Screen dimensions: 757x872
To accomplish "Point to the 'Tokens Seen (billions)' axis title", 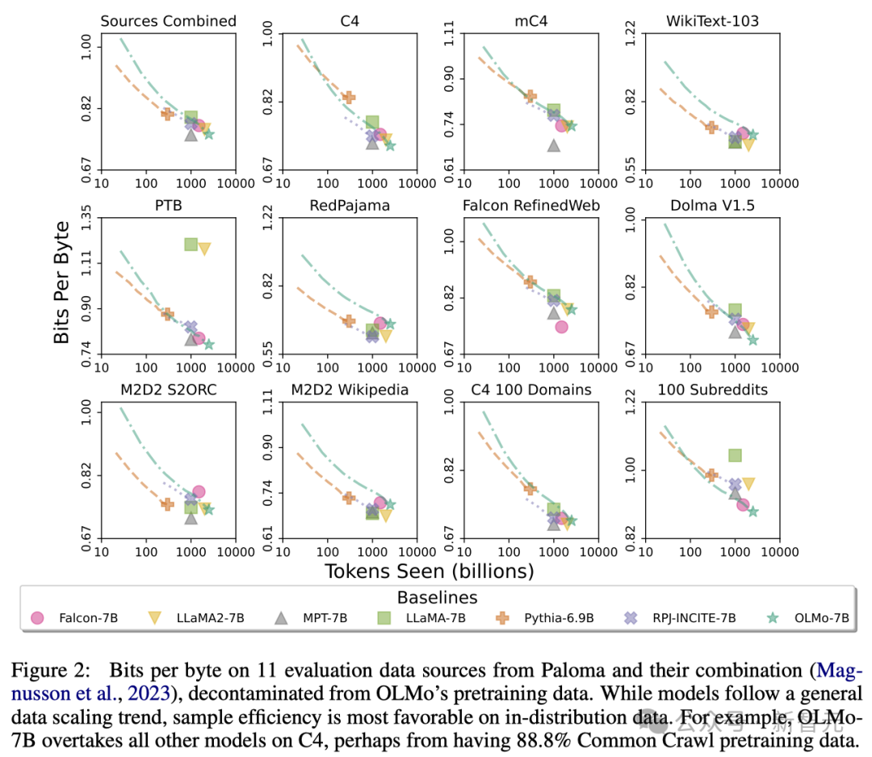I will coord(429,571).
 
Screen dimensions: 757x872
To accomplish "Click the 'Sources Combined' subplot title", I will coord(168,21).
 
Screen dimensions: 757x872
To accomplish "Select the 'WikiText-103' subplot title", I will coord(713,21).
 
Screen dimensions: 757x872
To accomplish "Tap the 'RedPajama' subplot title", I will coord(350,205).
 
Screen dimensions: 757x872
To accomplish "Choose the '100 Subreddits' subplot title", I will coord(713,390).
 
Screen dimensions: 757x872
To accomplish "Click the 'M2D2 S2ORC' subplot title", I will coord(168,390).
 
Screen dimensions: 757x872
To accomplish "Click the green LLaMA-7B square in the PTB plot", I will coord(191,244).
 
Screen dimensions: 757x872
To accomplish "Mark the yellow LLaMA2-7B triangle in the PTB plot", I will coord(204,249).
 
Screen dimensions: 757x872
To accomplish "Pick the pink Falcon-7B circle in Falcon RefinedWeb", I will coord(561,326).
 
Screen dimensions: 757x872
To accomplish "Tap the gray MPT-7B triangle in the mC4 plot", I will coord(554,145).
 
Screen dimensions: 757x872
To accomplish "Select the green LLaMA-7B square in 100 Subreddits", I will coord(735,455).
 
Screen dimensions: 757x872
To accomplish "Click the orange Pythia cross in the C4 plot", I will coord(349,98).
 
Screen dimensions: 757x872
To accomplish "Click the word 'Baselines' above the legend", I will coord(437,598).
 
